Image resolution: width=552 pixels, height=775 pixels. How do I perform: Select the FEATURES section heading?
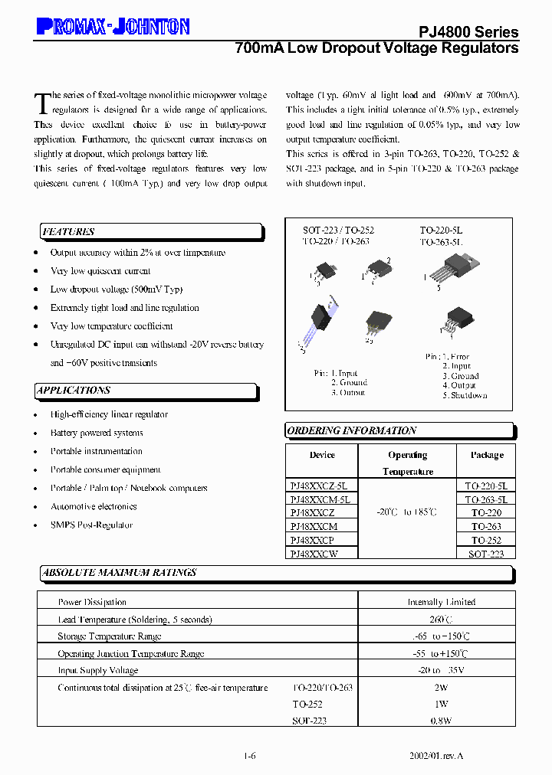click(x=69, y=232)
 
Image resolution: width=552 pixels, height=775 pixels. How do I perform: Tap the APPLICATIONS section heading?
click(x=74, y=391)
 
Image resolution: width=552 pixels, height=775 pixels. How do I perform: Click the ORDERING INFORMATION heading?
click(x=352, y=431)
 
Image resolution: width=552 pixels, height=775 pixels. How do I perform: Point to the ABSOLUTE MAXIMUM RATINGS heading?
click(x=120, y=573)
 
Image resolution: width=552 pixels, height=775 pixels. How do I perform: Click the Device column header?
click(x=322, y=455)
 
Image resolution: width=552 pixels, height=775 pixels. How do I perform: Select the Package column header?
click(x=487, y=455)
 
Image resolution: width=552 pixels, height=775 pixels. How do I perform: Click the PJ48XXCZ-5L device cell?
click(x=319, y=486)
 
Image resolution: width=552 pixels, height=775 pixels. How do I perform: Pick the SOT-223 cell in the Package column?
click(x=487, y=554)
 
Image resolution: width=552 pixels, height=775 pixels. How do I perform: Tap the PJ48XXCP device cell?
click(x=313, y=540)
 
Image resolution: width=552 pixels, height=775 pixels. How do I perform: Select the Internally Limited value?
click(x=442, y=602)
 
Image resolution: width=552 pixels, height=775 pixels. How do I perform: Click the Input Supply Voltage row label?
click(x=98, y=670)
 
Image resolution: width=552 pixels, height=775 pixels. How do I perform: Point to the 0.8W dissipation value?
click(x=442, y=721)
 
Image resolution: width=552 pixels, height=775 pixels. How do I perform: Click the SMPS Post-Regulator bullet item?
click(x=91, y=525)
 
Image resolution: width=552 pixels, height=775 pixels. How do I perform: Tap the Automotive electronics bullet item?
click(x=94, y=507)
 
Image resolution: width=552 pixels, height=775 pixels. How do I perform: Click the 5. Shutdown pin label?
click(x=465, y=396)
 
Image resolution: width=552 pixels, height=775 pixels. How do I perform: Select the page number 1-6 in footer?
click(x=250, y=756)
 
